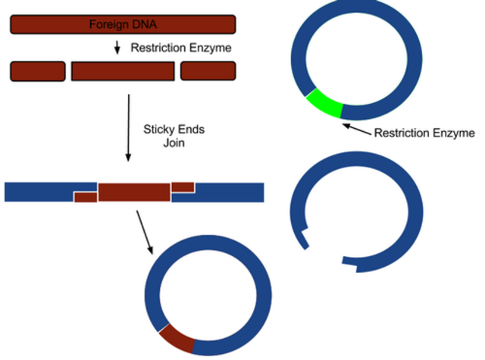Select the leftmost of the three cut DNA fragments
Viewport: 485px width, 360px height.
pos(37,71)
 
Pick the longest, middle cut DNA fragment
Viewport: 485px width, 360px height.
pos(123,71)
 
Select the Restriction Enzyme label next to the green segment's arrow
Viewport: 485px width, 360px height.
pos(424,133)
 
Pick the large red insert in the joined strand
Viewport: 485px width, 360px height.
pos(134,192)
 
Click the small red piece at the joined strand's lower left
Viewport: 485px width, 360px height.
pos(86,198)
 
